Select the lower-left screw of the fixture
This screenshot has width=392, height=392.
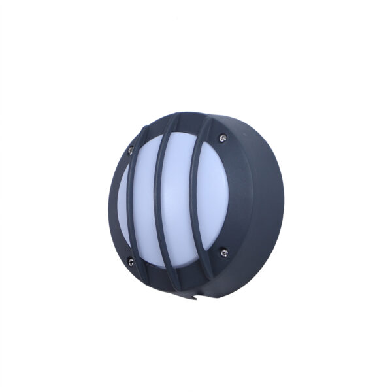click(131, 262)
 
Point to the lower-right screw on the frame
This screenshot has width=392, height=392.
click(223, 252)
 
